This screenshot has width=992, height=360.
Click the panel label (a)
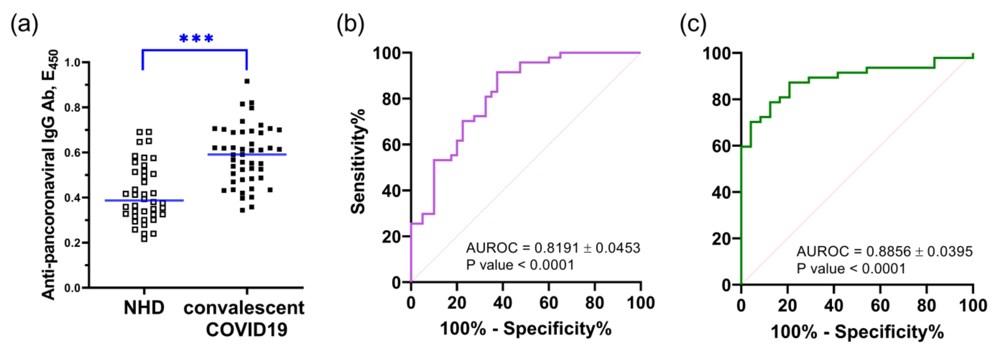coord(24,24)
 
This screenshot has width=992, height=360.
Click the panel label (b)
coord(350,24)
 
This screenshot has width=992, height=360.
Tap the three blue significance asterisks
coord(196,39)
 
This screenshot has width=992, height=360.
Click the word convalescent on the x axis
coord(244,308)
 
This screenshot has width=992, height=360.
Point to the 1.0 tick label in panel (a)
coord(72,62)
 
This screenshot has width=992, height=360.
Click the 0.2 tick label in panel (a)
coord(72,243)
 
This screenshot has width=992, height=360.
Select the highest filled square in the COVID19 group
coord(247,81)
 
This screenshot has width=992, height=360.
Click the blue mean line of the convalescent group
coord(247,154)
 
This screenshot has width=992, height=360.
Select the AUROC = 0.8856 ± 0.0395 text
coord(884,251)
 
